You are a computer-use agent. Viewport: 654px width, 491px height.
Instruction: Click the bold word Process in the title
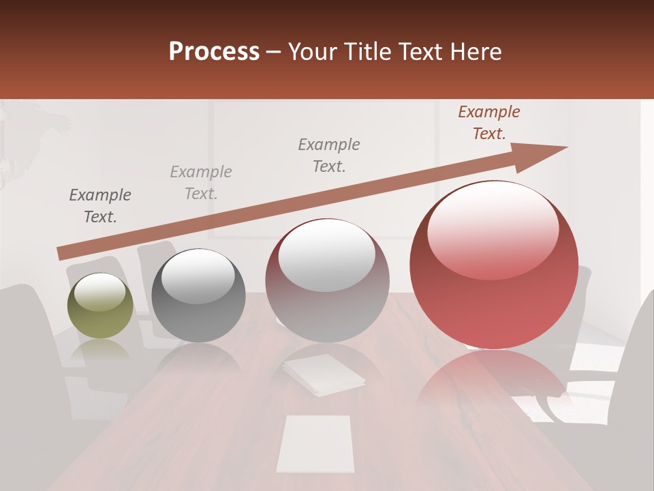pos(214,52)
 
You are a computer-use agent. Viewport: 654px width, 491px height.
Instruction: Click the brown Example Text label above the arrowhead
pos(489,123)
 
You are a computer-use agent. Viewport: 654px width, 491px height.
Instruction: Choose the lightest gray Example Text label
pos(201,183)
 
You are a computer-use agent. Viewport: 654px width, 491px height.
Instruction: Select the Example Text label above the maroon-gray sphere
pos(329,155)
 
